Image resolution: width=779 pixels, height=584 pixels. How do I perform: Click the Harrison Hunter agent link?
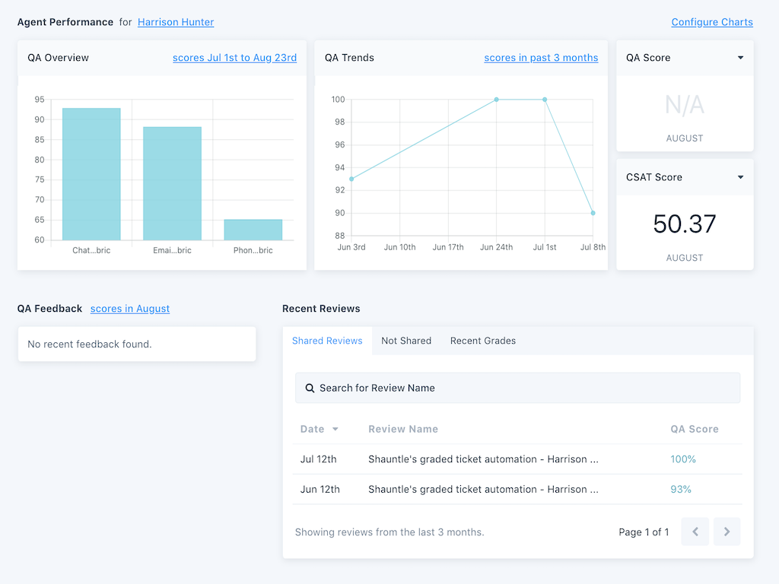click(x=176, y=22)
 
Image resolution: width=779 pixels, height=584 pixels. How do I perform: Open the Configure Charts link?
click(x=712, y=22)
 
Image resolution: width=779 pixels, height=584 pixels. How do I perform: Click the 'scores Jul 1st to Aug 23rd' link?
click(x=234, y=58)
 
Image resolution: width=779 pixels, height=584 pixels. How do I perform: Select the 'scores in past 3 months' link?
click(x=541, y=58)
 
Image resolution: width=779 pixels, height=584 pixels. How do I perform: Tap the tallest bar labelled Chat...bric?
click(x=91, y=174)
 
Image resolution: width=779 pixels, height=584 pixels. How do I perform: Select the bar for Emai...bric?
click(x=172, y=183)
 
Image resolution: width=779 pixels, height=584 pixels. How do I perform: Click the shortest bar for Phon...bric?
click(x=253, y=230)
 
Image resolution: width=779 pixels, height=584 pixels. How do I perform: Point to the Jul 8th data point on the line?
click(x=593, y=213)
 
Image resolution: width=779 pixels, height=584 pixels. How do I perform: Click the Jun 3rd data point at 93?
click(x=351, y=179)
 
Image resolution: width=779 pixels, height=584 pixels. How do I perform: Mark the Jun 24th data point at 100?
click(x=497, y=100)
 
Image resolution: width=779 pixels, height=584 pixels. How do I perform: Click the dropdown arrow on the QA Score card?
click(x=740, y=58)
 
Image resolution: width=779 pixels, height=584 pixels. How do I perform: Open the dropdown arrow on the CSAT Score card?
click(x=740, y=177)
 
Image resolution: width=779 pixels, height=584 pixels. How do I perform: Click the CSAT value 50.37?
click(x=685, y=224)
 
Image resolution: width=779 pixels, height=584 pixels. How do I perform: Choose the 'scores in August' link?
click(x=130, y=309)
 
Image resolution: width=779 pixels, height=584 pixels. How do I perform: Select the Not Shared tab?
click(x=406, y=341)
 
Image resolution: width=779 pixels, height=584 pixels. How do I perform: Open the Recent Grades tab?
click(x=483, y=341)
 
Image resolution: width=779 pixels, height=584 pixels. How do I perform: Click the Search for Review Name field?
click(x=517, y=388)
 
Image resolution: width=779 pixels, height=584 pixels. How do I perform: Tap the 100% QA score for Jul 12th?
click(x=683, y=459)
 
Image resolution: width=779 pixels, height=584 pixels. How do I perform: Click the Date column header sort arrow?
click(x=335, y=430)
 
